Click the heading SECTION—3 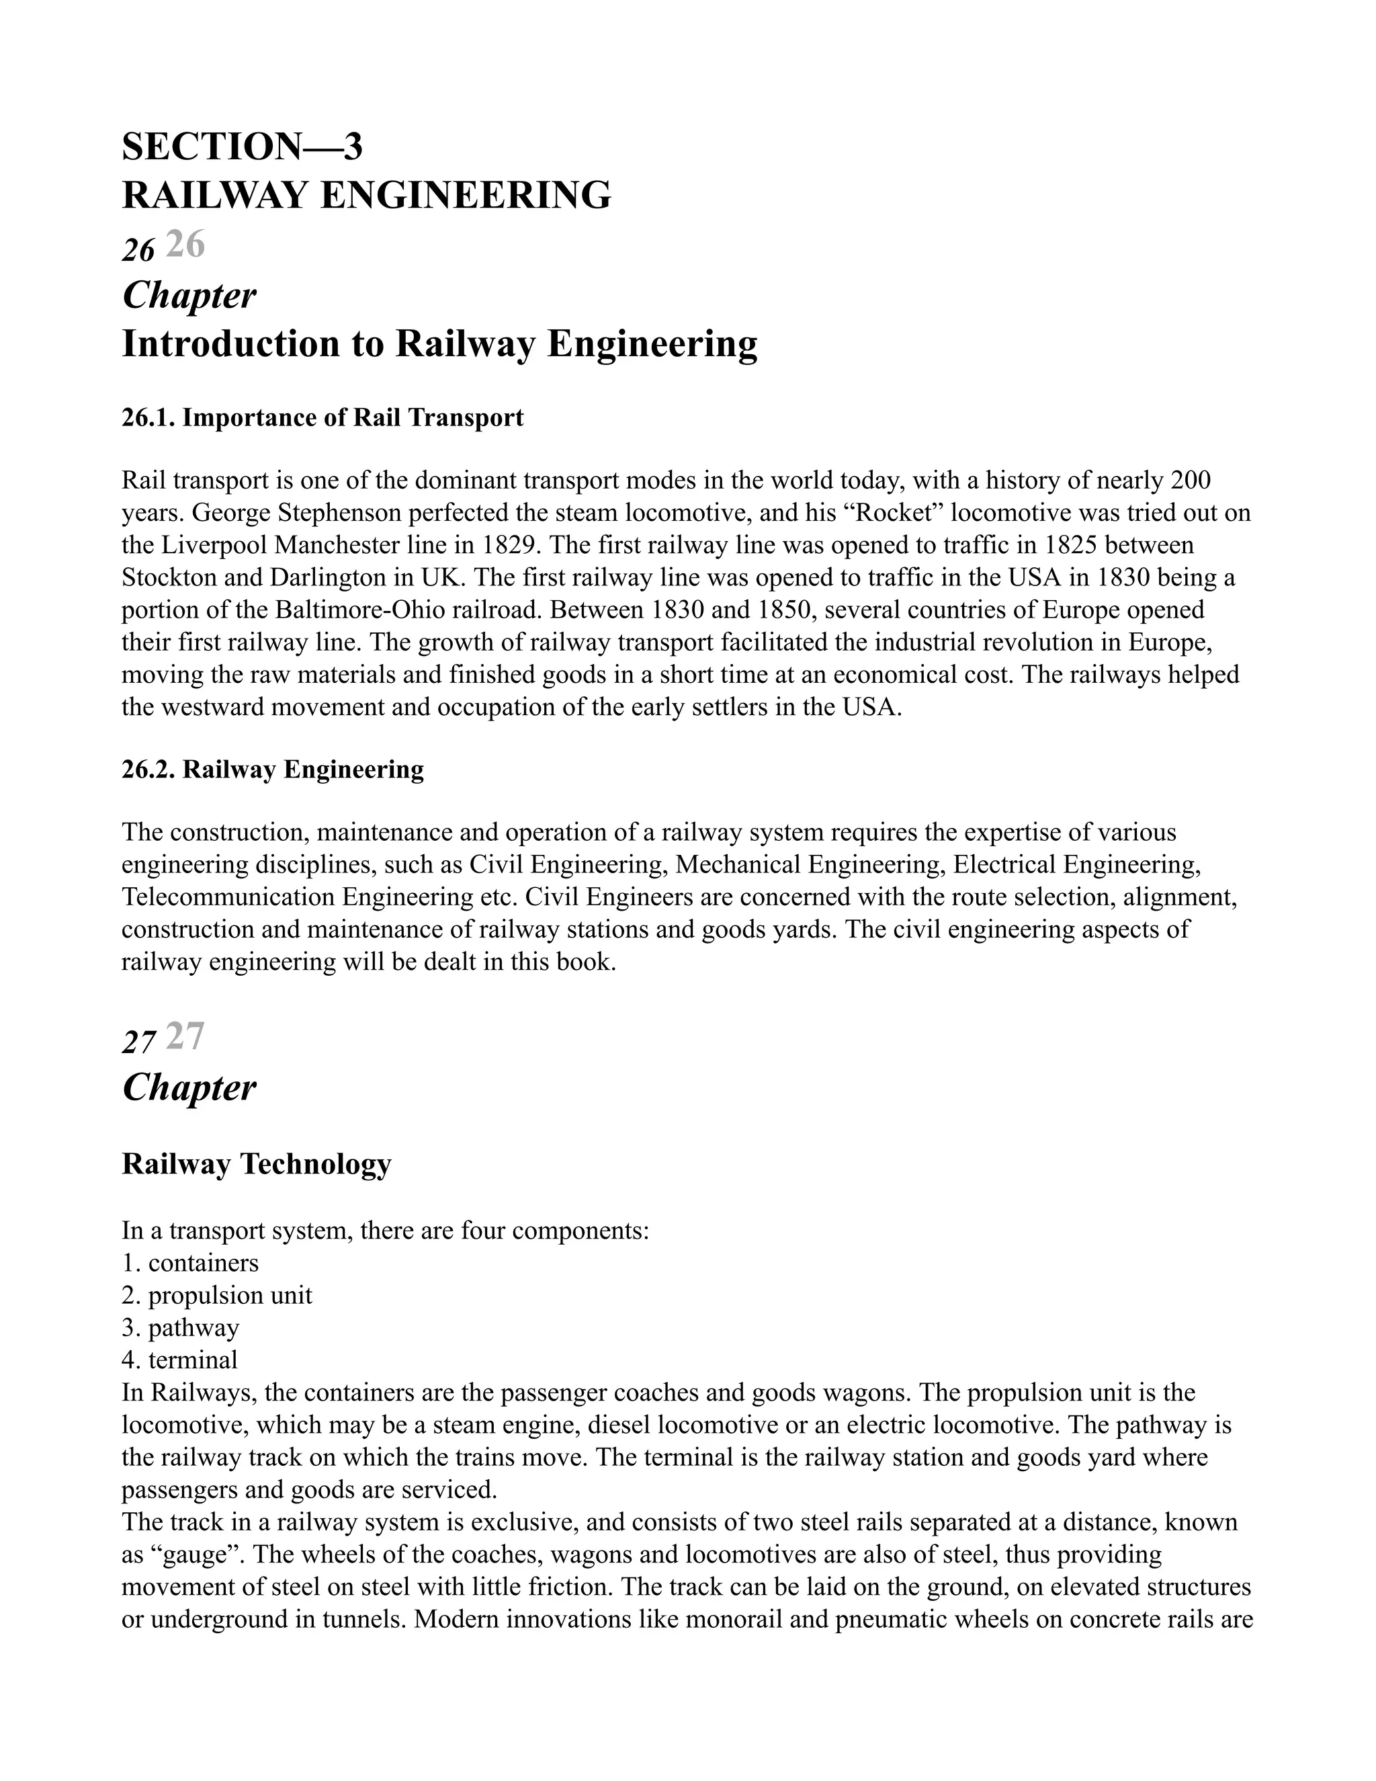242,147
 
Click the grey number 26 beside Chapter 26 185,245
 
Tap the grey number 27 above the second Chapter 185,1036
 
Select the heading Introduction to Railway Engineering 439,343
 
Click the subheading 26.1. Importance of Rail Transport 322,417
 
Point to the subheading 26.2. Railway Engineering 272,769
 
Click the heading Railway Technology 256,1163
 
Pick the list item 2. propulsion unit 217,1295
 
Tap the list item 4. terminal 179,1360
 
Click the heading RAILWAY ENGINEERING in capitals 366,196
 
